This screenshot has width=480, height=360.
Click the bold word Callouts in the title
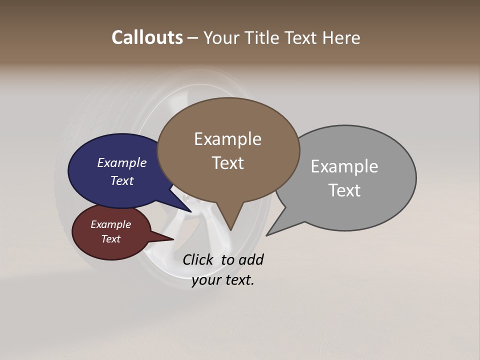coord(147,37)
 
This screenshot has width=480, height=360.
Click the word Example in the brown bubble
coord(227,139)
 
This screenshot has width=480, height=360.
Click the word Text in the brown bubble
coord(227,163)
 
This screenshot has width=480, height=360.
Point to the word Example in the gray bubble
coord(344,166)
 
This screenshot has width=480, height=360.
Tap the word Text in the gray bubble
coord(344,190)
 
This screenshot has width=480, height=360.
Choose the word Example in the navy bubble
coord(121,163)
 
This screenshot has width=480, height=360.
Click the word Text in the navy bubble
coord(121,180)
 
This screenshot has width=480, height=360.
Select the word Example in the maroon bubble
coord(110,224)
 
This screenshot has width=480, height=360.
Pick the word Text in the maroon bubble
coord(110,239)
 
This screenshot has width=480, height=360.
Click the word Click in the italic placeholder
coord(198,259)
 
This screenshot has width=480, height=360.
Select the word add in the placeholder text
coord(250,259)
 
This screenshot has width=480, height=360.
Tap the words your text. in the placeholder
coord(223,280)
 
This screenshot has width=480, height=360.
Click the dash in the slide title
coord(192,38)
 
